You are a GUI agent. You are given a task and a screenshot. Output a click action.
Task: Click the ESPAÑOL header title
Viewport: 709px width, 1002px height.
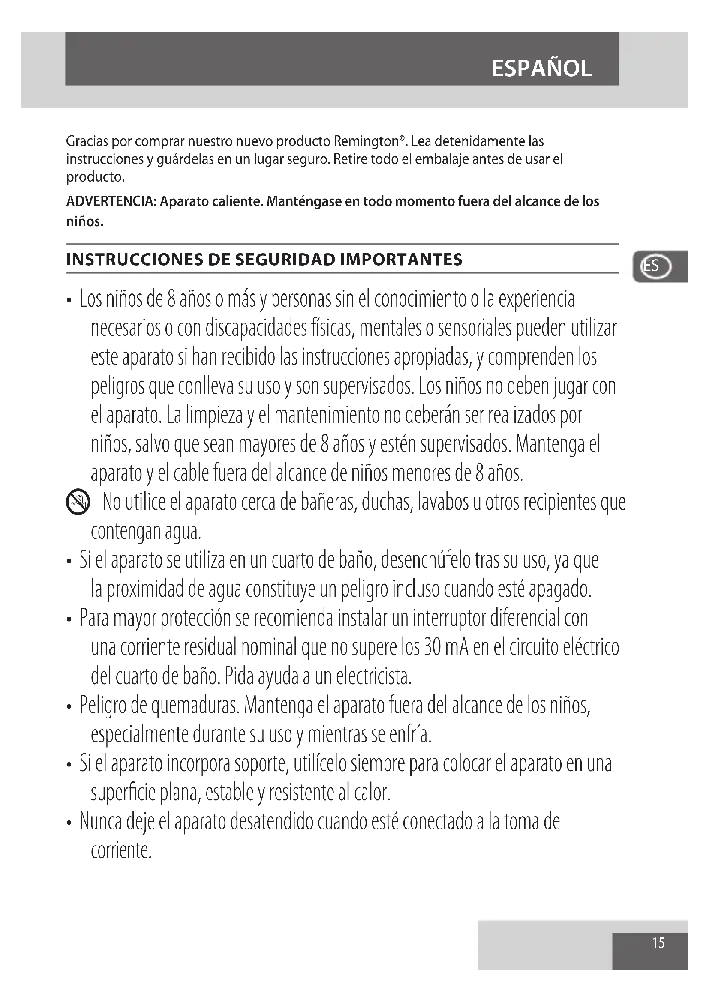(541, 69)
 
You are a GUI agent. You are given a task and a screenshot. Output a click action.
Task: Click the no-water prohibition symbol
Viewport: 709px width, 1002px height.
(78, 502)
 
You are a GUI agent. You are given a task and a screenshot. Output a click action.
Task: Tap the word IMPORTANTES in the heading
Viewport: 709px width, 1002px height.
(401, 260)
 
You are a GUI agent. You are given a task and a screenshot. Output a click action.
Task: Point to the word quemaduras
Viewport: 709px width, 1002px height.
(195, 706)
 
